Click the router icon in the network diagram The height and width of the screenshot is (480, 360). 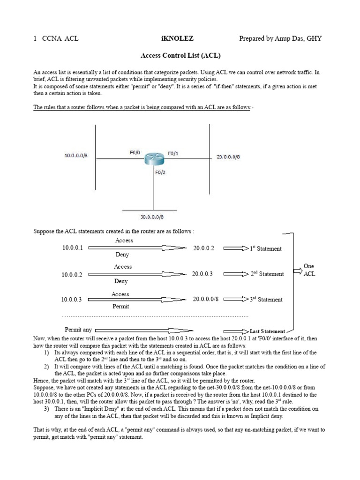[152, 159]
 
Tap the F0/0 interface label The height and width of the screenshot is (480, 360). [135, 152]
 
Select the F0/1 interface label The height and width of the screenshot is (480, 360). [173, 153]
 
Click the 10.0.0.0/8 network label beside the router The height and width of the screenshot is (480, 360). [75, 155]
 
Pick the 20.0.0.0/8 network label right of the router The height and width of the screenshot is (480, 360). [228, 157]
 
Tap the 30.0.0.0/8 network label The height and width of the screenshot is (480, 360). [152, 217]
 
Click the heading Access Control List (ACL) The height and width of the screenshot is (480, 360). [180, 55]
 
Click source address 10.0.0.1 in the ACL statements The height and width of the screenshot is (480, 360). [72, 248]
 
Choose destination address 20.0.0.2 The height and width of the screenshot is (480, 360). [203, 248]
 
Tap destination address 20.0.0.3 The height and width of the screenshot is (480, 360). [202, 274]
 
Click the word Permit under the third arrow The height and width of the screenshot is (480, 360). [120, 306]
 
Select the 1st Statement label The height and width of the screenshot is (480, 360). [266, 248]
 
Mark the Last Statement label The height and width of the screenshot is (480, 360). [267, 331]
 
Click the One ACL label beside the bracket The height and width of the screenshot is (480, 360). [309, 270]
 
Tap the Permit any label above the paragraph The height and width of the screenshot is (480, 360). [78, 330]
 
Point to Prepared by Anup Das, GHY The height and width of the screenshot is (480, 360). [280, 38]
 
